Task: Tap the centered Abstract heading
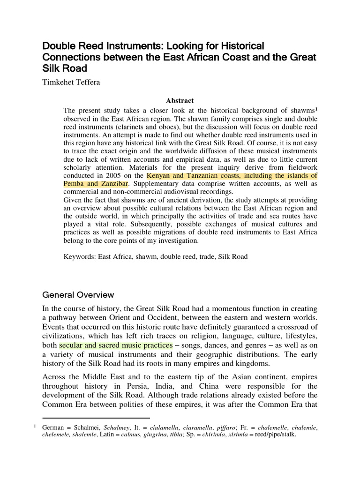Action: pos(180,101)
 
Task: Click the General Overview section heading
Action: pos(78,295)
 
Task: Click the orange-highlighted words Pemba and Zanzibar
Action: pos(96,184)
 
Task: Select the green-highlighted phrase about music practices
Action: pos(116,345)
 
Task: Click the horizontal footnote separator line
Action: pos(96,417)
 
